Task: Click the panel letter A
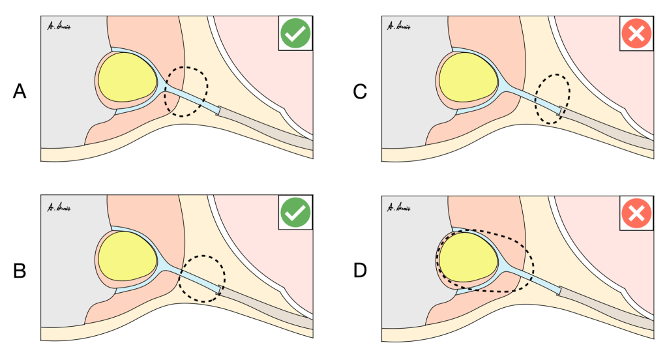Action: pyautogui.click(x=20, y=92)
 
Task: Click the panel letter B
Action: pyautogui.click(x=20, y=270)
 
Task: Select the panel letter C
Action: pyautogui.click(x=359, y=92)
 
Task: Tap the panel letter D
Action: pyautogui.click(x=359, y=270)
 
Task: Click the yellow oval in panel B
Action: pyautogui.click(x=127, y=256)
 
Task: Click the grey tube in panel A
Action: pyautogui.click(x=267, y=128)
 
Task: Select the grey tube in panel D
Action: pyautogui.click(x=606, y=307)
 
